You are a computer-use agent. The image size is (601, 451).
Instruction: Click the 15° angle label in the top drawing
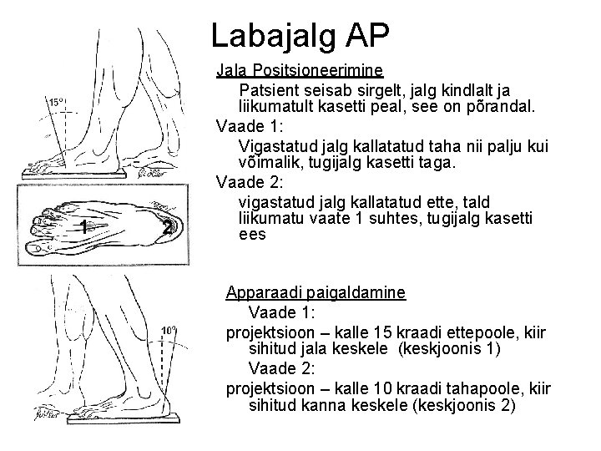[56, 102]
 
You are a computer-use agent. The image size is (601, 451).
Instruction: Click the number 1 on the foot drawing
[83, 225]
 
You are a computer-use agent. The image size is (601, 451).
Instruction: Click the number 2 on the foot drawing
[168, 228]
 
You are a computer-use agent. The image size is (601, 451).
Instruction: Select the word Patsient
[270, 89]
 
